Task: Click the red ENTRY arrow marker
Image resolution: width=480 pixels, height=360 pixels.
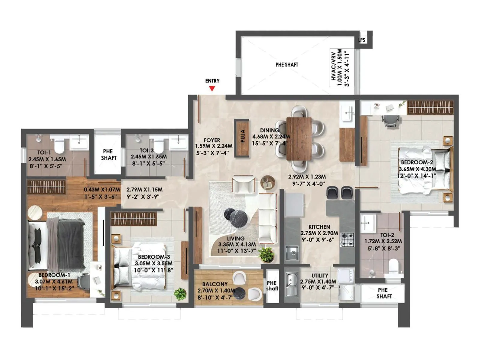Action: tap(212, 88)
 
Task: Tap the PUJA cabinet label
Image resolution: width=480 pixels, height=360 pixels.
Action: tap(243, 136)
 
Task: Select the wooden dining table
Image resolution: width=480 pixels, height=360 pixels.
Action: tap(299, 139)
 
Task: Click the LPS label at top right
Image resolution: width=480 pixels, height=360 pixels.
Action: tap(362, 40)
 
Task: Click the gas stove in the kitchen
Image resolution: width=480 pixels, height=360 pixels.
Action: tap(348, 239)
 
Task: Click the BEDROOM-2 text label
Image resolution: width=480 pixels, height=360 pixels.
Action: tap(417, 162)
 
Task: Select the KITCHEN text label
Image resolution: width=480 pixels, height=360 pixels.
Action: tap(319, 227)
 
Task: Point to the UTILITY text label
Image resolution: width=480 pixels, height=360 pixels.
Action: tap(319, 275)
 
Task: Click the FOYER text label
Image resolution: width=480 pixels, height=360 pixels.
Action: tap(212, 140)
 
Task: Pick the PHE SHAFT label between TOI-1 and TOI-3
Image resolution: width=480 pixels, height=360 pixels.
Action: tap(108, 154)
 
